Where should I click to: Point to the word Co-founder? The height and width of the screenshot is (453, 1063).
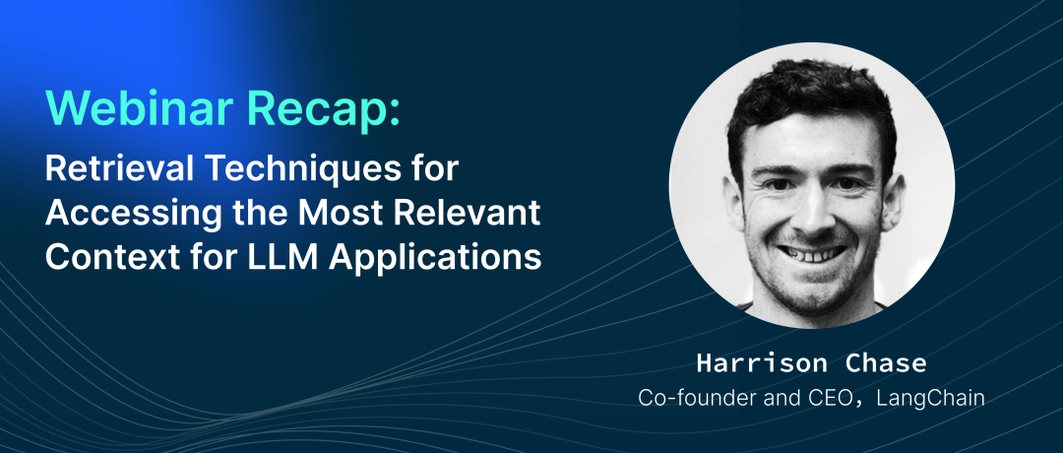tap(692, 398)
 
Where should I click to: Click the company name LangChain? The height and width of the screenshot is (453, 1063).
tap(929, 399)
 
